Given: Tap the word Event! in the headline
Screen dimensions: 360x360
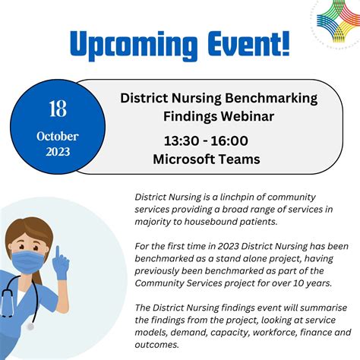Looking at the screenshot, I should (x=246, y=43).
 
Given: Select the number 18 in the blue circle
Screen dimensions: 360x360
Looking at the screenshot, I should (x=58, y=109).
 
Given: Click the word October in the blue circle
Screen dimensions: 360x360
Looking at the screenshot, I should (x=58, y=137).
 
